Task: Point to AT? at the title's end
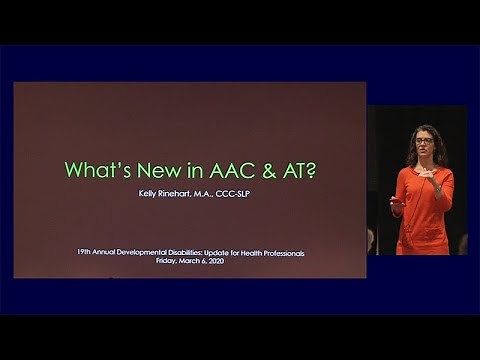click(x=298, y=170)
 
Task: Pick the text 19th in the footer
click(x=84, y=253)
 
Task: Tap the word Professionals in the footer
click(x=282, y=253)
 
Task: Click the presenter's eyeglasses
click(x=424, y=141)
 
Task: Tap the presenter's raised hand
click(x=424, y=173)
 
